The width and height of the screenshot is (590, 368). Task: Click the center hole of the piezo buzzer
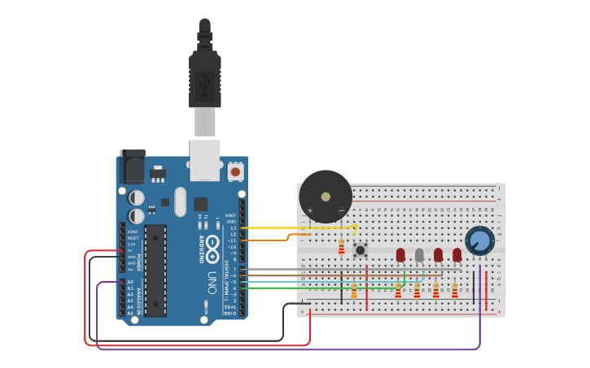click(x=326, y=197)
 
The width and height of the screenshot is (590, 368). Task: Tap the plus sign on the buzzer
click(x=310, y=210)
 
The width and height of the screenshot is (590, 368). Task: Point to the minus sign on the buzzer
click(x=341, y=210)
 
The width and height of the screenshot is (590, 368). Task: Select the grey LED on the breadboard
click(x=419, y=255)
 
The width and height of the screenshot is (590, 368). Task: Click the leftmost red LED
click(x=400, y=255)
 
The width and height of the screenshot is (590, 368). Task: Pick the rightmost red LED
click(x=457, y=255)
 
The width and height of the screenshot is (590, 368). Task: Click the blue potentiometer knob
click(x=479, y=240)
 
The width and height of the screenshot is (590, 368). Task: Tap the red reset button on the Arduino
click(x=235, y=171)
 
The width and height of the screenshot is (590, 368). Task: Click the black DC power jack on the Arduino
click(x=132, y=167)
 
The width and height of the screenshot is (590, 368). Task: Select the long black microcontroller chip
click(x=155, y=271)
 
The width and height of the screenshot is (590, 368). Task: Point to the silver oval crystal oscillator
click(x=180, y=201)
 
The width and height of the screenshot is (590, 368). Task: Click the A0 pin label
click(x=130, y=282)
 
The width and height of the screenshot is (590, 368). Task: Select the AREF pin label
click(x=230, y=215)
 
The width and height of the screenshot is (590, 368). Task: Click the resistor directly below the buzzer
click(x=341, y=247)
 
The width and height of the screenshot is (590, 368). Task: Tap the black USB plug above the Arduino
click(x=204, y=77)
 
